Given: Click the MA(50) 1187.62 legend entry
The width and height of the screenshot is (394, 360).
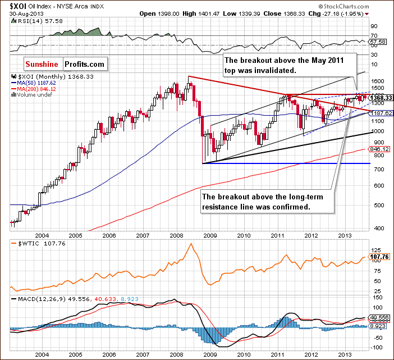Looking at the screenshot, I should pos(35,83).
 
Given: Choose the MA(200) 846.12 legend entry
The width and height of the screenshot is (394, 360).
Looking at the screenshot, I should pos(35,88).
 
